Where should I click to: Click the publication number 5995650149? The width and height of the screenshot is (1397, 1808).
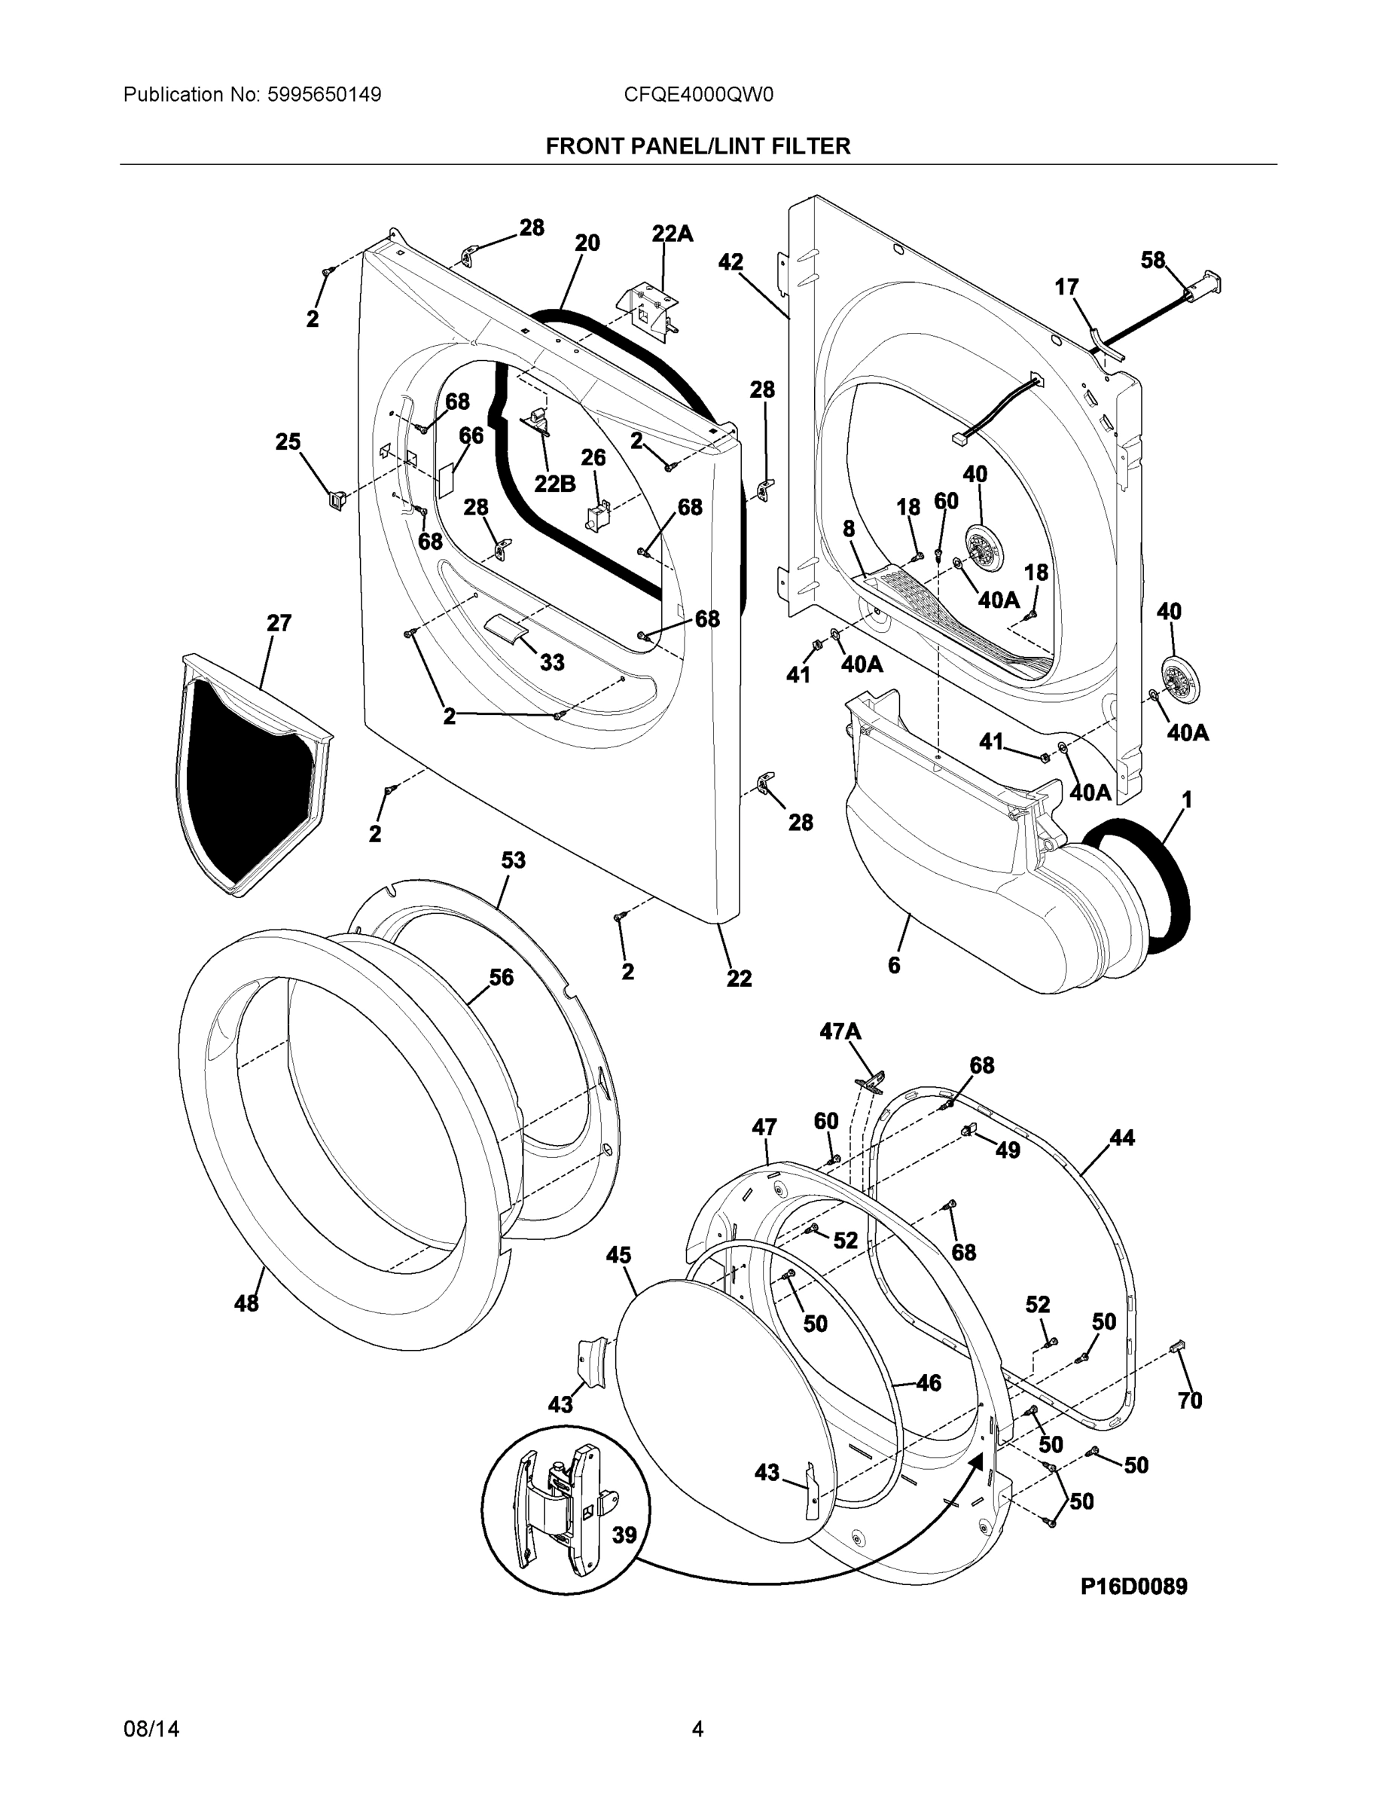coord(325,95)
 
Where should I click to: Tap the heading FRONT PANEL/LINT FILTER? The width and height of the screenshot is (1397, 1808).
coord(697,147)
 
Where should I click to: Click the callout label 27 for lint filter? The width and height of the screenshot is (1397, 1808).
coord(279,622)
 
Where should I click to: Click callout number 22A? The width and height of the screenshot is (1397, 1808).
coord(672,234)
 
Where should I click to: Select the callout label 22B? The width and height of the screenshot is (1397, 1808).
coord(554,484)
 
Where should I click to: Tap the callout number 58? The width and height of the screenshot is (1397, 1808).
coord(1153,260)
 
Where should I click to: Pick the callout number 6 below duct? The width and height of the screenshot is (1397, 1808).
coord(894,964)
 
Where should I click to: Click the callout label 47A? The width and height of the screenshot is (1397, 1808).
coord(840,1031)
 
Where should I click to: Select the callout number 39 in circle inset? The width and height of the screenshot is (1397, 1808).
coord(624,1535)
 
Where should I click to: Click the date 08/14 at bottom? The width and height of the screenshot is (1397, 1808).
coord(151,1729)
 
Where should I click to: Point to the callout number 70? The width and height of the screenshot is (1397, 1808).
coord(1189,1400)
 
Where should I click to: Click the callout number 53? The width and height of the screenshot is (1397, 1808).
coord(513,860)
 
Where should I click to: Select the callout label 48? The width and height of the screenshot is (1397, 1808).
coord(246,1303)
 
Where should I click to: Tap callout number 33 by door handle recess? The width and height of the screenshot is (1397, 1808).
coord(552,662)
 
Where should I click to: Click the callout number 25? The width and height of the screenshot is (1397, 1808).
coord(288,442)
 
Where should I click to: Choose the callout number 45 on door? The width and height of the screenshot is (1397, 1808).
coord(618,1255)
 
